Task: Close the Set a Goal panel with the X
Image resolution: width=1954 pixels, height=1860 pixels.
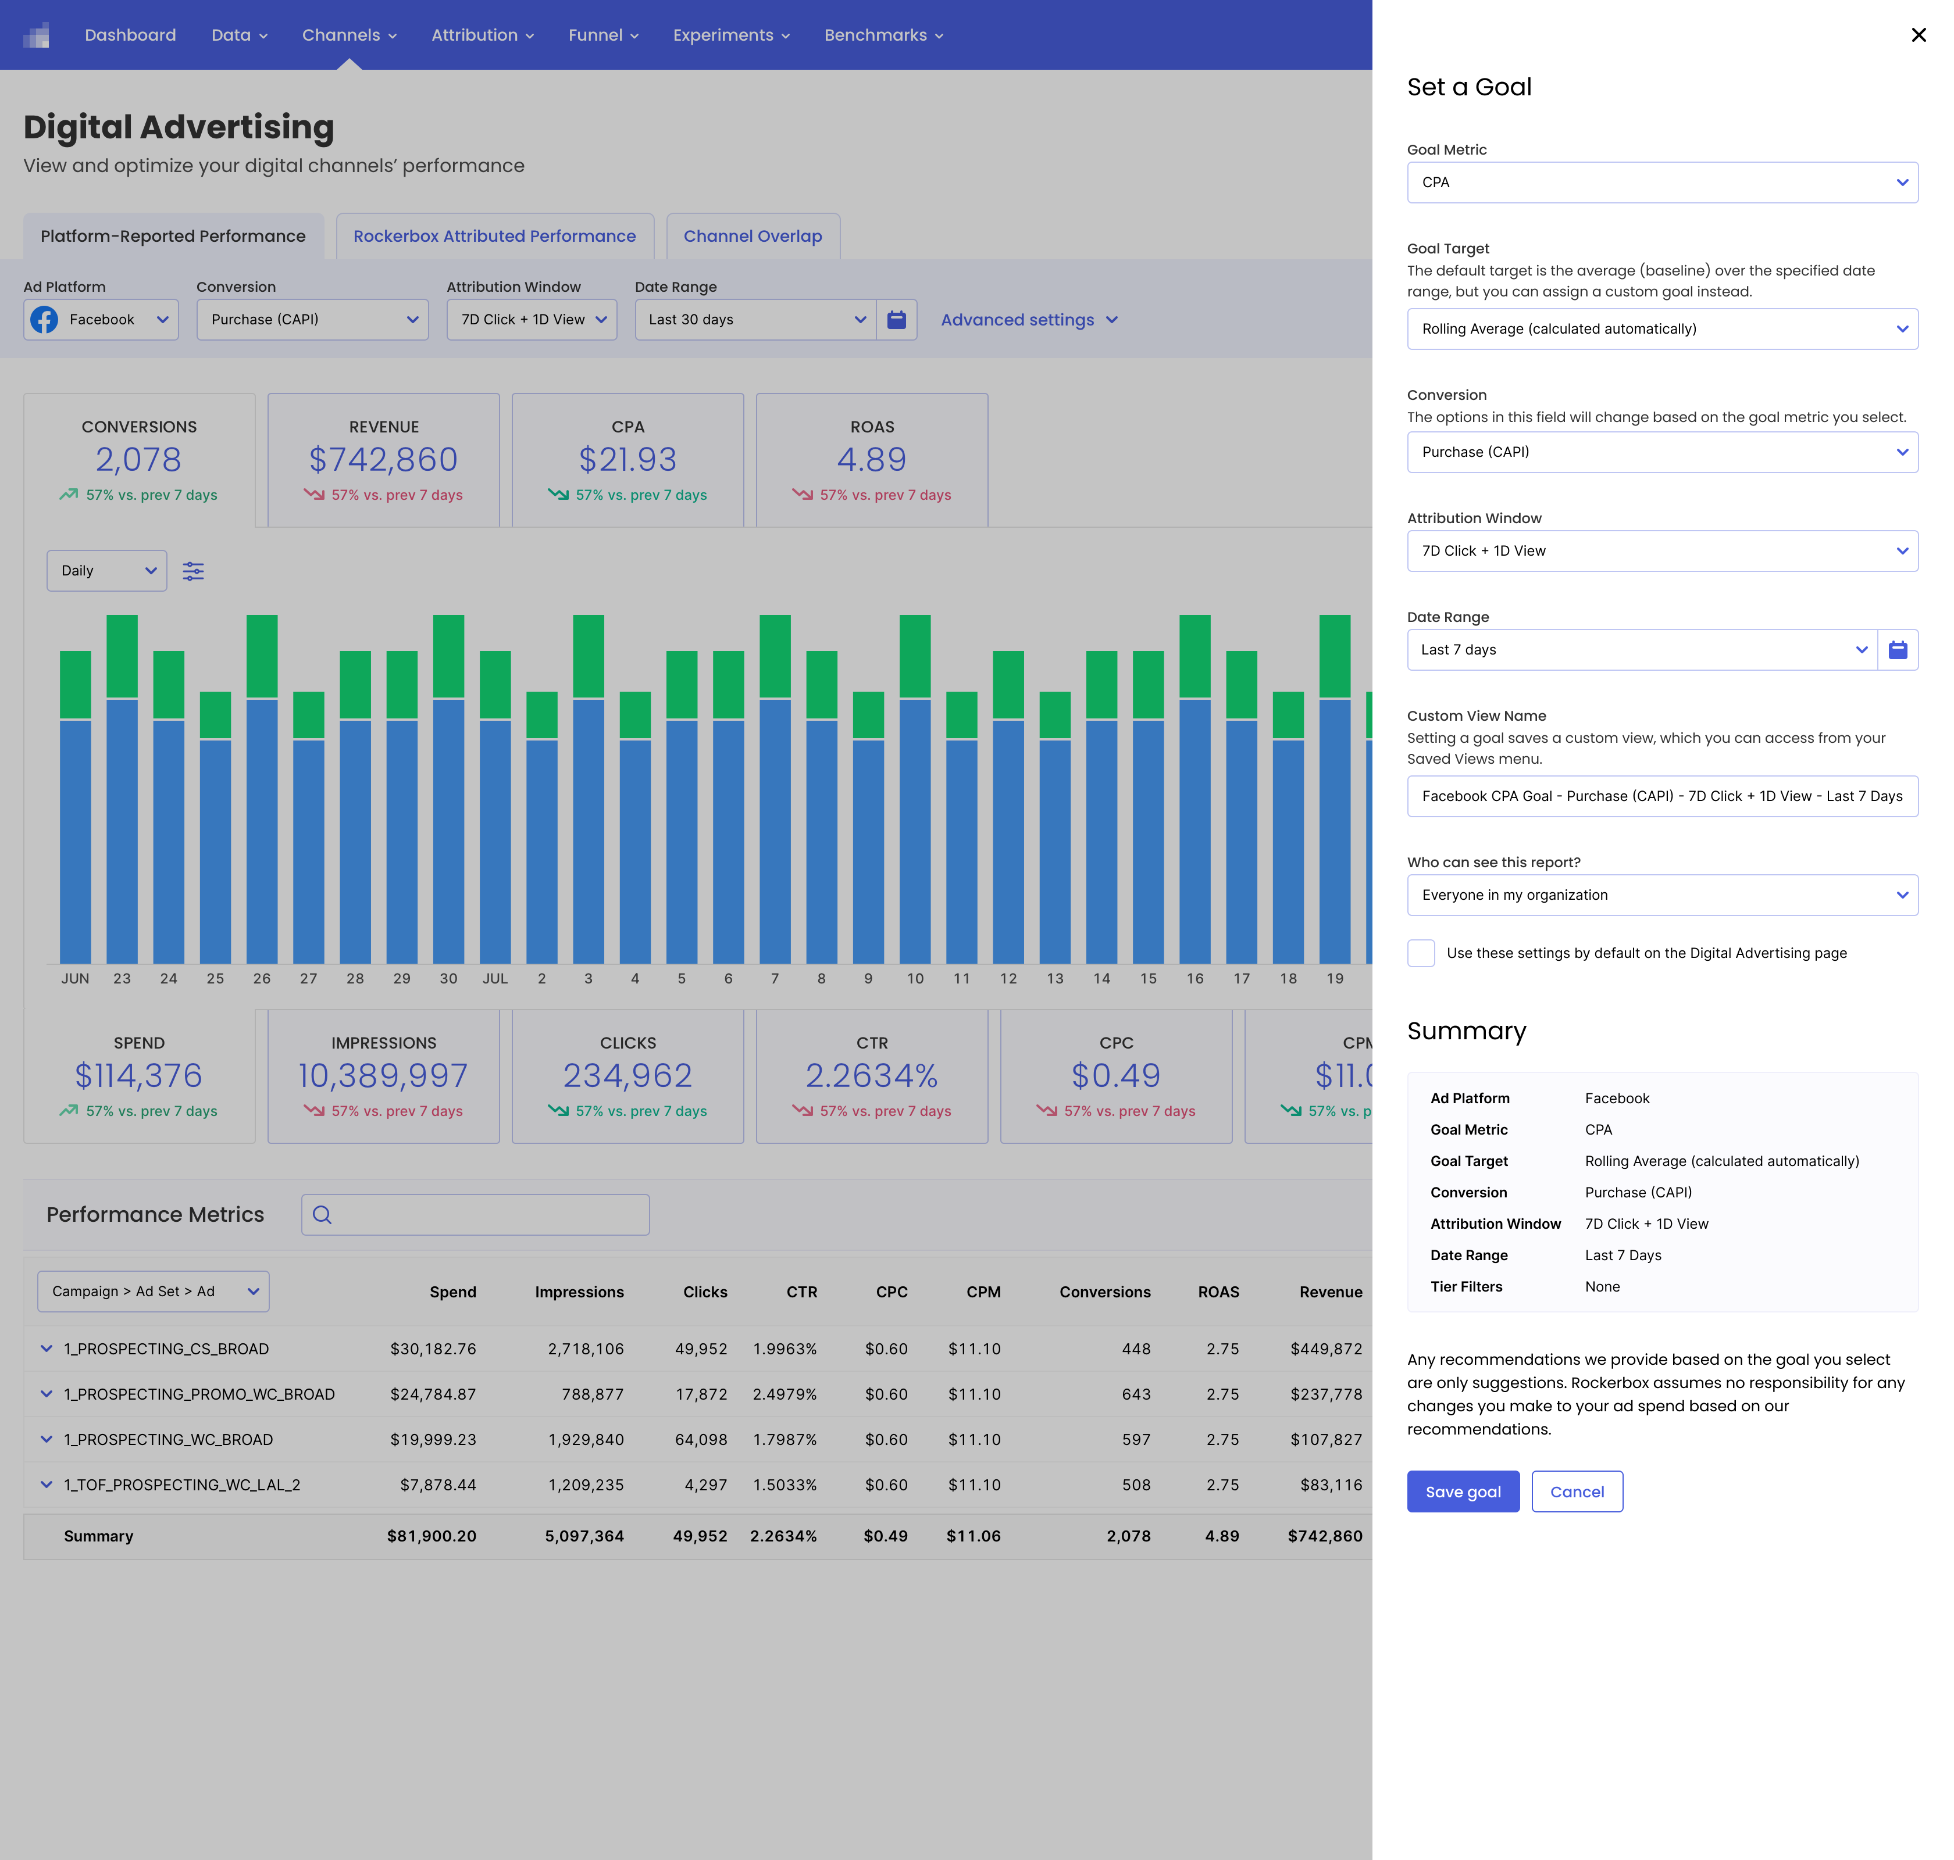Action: click(x=1919, y=35)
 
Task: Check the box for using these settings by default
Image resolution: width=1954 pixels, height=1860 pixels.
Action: click(x=1420, y=953)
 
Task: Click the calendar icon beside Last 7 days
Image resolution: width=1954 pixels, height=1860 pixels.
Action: click(x=1898, y=649)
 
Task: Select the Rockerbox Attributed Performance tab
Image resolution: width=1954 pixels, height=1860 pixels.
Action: click(x=494, y=236)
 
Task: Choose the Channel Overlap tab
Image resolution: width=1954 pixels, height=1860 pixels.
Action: click(x=753, y=236)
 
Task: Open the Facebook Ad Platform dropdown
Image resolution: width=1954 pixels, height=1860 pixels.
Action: click(x=100, y=319)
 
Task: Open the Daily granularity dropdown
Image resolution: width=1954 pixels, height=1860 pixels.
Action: click(x=106, y=570)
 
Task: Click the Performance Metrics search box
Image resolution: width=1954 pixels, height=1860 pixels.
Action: click(x=475, y=1215)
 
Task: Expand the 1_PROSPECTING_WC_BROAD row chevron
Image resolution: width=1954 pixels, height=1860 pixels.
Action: click(x=45, y=1439)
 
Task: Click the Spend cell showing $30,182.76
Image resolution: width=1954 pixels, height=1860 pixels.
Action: click(x=433, y=1348)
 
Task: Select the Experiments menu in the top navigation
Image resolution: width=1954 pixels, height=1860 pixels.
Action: click(x=731, y=35)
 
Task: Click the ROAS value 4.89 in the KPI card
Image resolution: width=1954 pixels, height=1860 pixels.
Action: click(x=871, y=459)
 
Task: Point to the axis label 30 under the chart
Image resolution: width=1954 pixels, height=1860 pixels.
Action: click(x=448, y=979)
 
